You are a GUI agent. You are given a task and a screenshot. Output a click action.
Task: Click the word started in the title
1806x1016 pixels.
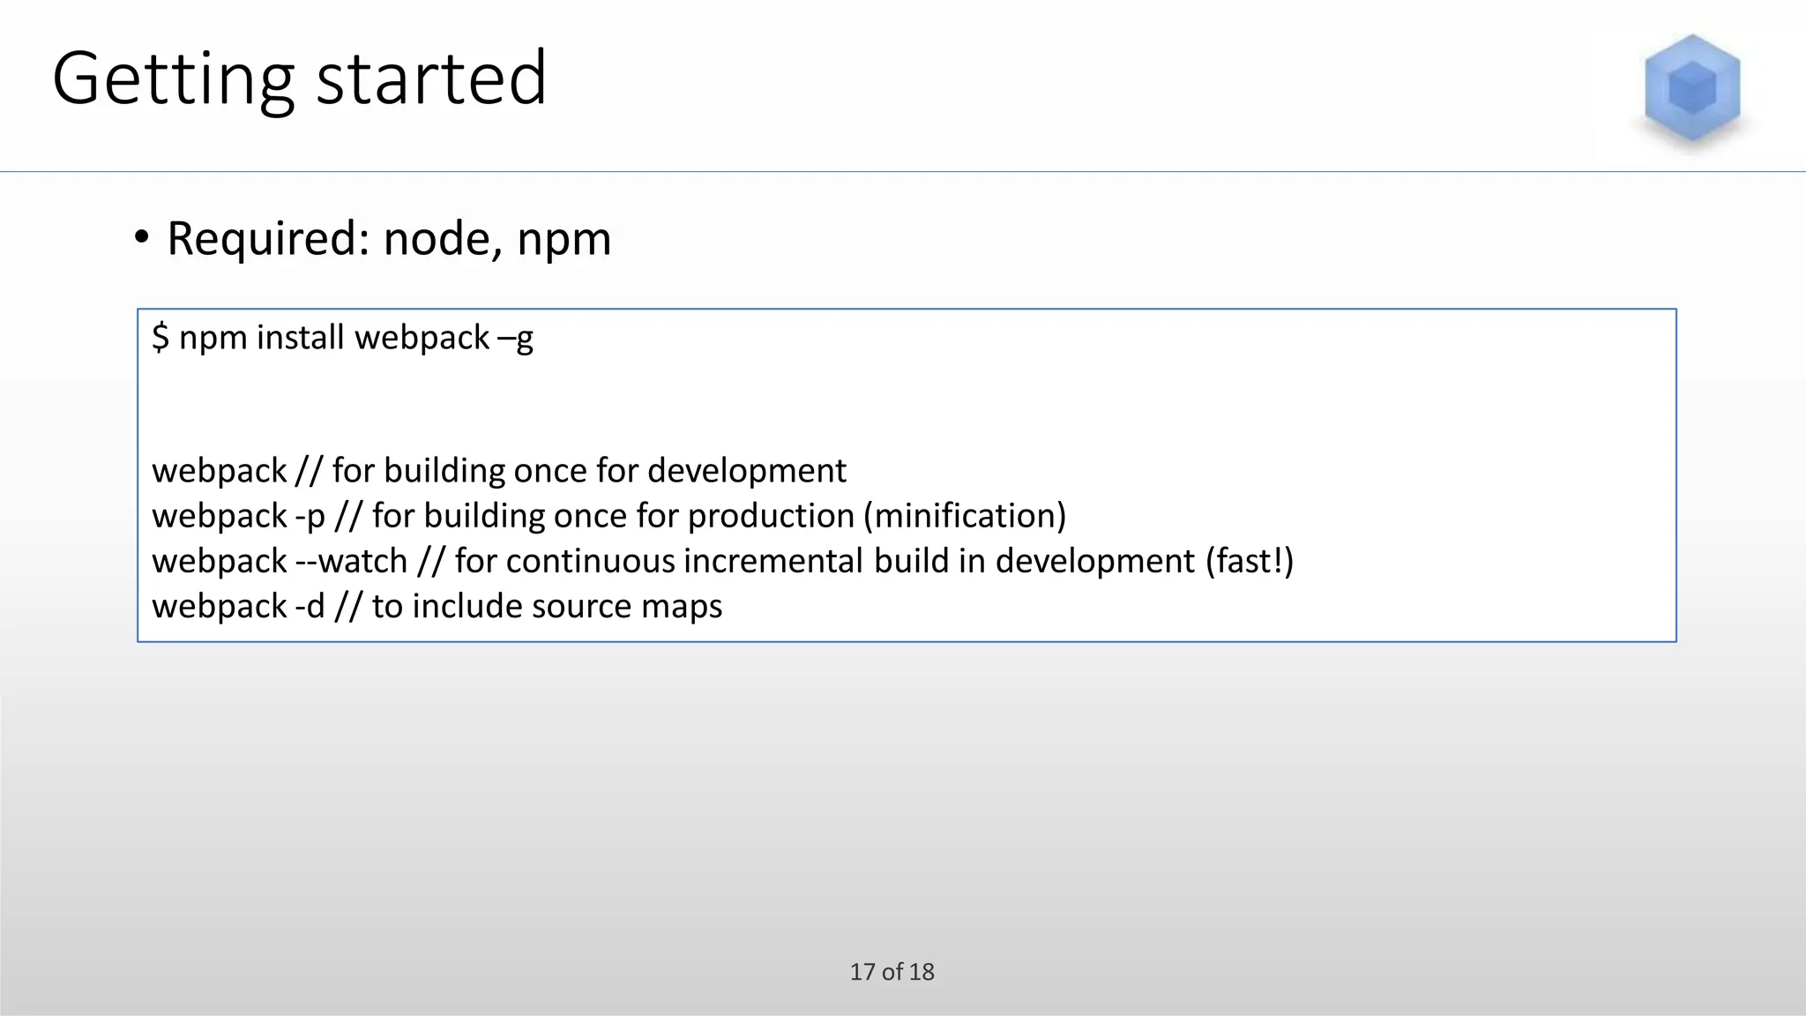431,79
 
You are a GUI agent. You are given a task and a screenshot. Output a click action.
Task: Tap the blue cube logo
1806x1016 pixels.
1691,88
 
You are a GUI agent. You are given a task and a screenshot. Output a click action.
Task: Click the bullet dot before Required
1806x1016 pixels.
142,237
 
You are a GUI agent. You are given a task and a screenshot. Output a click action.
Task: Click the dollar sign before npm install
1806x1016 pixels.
160,338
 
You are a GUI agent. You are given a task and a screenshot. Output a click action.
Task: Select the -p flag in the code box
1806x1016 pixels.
310,517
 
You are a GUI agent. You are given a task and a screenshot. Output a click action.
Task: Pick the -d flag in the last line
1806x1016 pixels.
310,607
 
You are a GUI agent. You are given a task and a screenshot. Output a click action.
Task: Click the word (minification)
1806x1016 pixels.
965,516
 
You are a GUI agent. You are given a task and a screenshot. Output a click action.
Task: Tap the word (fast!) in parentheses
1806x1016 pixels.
1250,561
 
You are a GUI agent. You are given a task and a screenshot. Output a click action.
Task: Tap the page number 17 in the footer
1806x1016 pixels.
862,972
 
